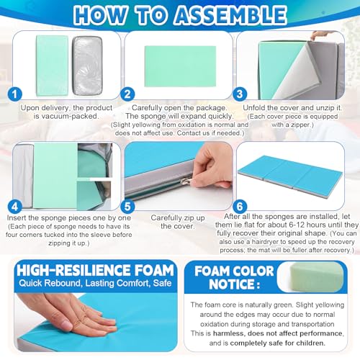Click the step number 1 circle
(x=15, y=94)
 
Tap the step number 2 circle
(x=127, y=94)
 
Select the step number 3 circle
(x=240, y=94)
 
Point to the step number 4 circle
(x=15, y=207)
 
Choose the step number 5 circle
(x=127, y=207)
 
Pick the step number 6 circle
(x=240, y=207)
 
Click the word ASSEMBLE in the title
(x=230, y=16)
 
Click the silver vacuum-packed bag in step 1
(x=87, y=66)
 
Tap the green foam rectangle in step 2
(x=180, y=66)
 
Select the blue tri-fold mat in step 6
(x=290, y=175)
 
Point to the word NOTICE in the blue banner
(x=234, y=284)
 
